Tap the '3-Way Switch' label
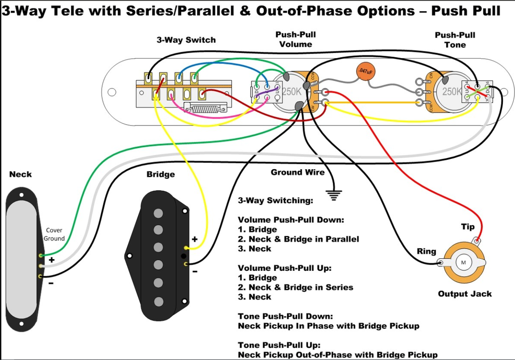point(186,40)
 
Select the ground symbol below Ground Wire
point(333,195)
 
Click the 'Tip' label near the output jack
point(467,226)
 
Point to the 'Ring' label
point(426,251)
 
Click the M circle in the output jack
point(462,262)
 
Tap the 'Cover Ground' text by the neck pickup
point(54,234)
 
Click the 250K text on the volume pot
point(292,91)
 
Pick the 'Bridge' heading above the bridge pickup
point(161,174)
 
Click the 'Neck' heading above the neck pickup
point(21,174)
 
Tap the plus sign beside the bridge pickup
point(194,239)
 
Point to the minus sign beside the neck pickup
point(51,283)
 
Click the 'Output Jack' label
point(465,294)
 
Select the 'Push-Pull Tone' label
point(455,40)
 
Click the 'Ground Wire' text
point(297,172)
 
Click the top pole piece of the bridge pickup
point(158,212)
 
